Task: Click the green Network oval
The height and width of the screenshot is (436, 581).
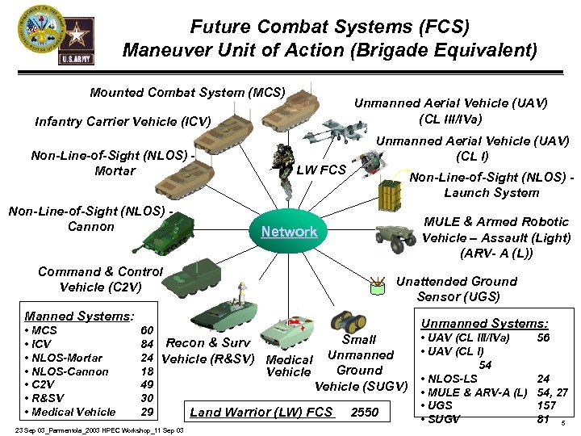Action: (289, 232)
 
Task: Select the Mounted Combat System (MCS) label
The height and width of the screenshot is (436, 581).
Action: (187, 92)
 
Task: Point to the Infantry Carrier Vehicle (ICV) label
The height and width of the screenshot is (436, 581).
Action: (123, 122)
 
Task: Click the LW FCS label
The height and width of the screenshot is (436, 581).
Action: (321, 170)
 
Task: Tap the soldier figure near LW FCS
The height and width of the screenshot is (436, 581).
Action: (285, 166)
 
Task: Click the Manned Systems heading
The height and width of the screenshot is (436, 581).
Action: (79, 317)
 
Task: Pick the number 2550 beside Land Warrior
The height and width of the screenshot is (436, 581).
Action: (365, 413)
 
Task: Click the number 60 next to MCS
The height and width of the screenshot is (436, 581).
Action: (147, 331)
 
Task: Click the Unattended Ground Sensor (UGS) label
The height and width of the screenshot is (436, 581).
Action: (457, 288)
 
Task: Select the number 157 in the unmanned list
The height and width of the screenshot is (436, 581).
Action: (546, 405)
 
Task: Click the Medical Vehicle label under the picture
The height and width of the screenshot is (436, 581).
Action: (289, 366)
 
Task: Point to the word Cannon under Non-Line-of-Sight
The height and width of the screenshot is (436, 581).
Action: (91, 227)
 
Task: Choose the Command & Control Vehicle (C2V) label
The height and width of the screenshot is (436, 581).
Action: (100, 279)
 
